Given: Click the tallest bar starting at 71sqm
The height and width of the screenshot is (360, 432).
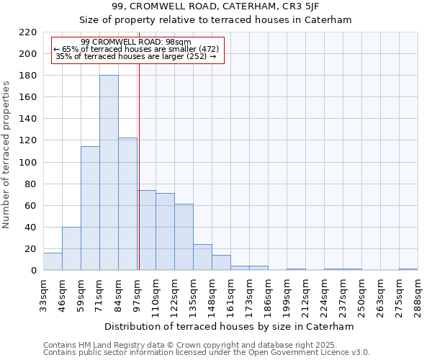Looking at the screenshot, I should click(x=109, y=173).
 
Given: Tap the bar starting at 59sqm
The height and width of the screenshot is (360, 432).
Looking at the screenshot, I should click(x=90, y=209).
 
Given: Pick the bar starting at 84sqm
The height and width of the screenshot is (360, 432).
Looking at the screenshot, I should click(x=127, y=204).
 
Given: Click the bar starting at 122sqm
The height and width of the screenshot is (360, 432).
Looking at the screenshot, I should click(x=184, y=237).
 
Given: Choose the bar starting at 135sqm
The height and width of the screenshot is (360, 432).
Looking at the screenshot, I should click(x=202, y=257).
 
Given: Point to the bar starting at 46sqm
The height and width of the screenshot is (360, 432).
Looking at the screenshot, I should click(x=71, y=248).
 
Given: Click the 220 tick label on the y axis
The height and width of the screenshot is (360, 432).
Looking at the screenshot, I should click(x=28, y=32).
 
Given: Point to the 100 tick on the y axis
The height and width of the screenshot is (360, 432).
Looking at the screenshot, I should click(x=28, y=163).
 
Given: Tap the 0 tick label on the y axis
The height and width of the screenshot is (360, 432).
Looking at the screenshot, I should click(x=33, y=271).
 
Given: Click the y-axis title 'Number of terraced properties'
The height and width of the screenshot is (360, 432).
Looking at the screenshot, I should click(x=7, y=154).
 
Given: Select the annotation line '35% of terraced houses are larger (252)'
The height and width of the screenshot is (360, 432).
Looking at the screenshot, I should click(x=135, y=56).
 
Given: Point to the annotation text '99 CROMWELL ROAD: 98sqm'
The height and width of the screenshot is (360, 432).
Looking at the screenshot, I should click(x=136, y=42).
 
